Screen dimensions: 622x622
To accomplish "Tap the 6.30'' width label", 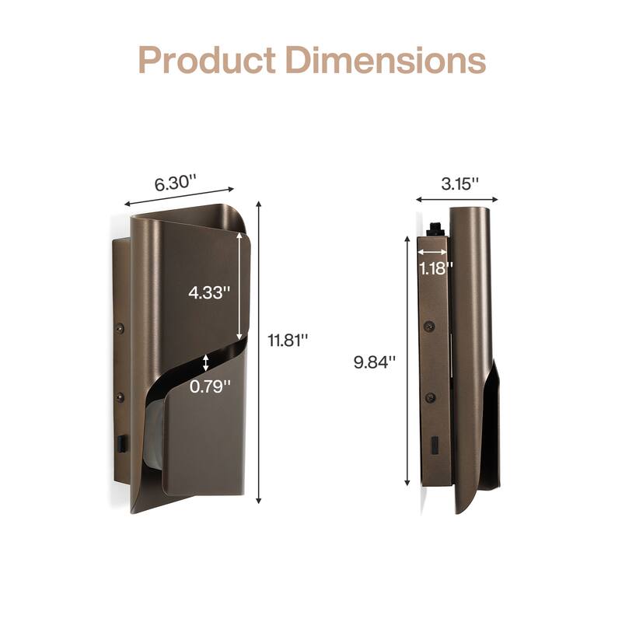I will click(175, 183).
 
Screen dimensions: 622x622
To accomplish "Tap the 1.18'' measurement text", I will click(436, 267).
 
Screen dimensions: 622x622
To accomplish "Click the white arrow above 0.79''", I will click(205, 362).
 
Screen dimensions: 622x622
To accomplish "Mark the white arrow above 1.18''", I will click(432, 252).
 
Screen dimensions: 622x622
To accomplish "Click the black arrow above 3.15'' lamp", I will click(454, 200).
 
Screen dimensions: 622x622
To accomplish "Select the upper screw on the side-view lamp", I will click(428, 327).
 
